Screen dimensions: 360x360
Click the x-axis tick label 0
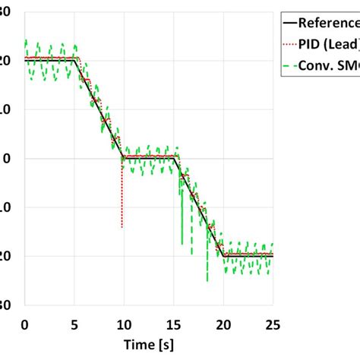tap(24, 324)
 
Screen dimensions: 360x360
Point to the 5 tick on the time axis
tap(74, 324)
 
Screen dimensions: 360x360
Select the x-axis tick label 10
tap(124, 324)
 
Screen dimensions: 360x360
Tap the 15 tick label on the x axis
tap(174, 324)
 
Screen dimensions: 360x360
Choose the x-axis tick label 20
tap(223, 324)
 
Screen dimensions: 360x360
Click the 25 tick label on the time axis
tap(273, 324)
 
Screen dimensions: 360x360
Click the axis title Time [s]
tap(148, 346)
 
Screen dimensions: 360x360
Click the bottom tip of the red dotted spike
tap(122, 227)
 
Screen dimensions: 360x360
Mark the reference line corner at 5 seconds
tap(75, 59)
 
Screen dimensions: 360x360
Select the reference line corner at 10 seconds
tap(124, 157)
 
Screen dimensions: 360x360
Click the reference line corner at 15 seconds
tap(175, 157)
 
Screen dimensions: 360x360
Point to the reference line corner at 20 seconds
tap(223, 255)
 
